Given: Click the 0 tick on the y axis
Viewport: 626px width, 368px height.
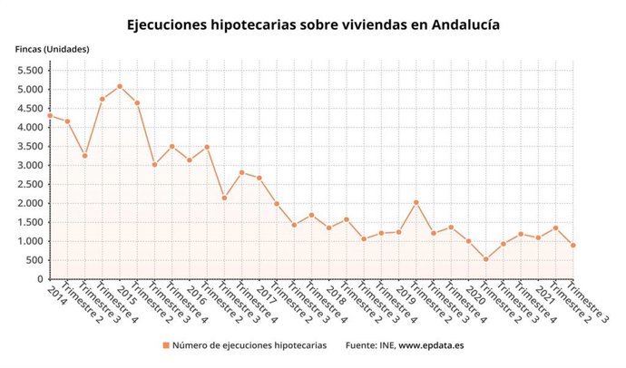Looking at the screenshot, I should (40, 279).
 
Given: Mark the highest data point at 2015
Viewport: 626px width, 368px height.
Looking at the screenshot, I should (120, 86).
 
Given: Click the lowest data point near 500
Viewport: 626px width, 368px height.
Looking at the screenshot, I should (485, 259).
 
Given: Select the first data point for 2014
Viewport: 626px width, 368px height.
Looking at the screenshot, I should (49, 115).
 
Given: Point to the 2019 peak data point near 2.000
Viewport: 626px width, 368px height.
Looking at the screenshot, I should (416, 202).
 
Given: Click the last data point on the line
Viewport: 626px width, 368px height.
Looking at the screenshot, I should (573, 246).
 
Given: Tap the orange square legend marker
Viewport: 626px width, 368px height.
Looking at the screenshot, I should (166, 345).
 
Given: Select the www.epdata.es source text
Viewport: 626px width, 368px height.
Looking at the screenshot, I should (431, 345).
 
